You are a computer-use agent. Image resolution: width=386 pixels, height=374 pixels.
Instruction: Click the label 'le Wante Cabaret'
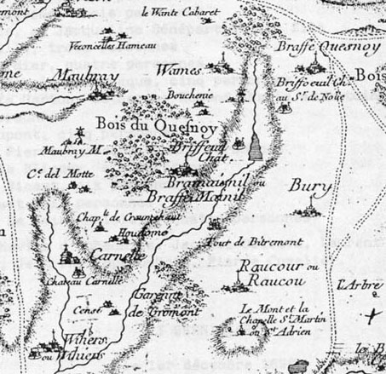coord(180,12)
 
